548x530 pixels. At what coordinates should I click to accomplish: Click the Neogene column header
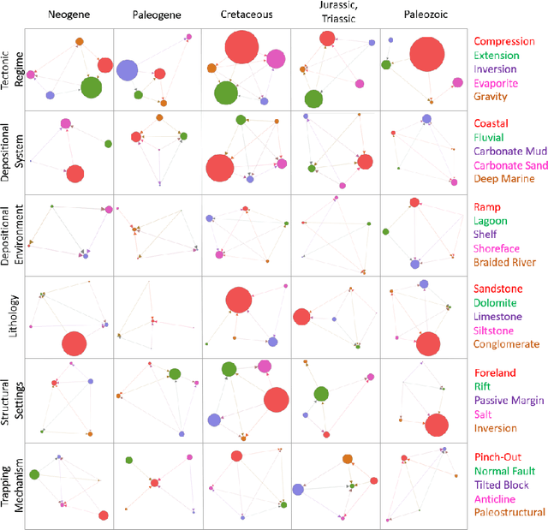point(69,15)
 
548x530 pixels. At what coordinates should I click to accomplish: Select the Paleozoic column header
point(423,15)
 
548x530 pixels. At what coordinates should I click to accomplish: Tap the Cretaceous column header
point(246,15)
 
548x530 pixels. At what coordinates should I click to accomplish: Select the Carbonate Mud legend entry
point(512,152)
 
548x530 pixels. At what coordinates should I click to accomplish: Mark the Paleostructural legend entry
point(509,512)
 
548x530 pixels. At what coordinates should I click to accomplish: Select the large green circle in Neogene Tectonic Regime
point(91,86)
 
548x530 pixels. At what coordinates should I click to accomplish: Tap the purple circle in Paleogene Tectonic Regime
point(128,71)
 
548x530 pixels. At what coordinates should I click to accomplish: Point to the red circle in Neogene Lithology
point(74,344)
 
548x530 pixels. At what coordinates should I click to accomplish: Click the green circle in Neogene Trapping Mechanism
point(34,474)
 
